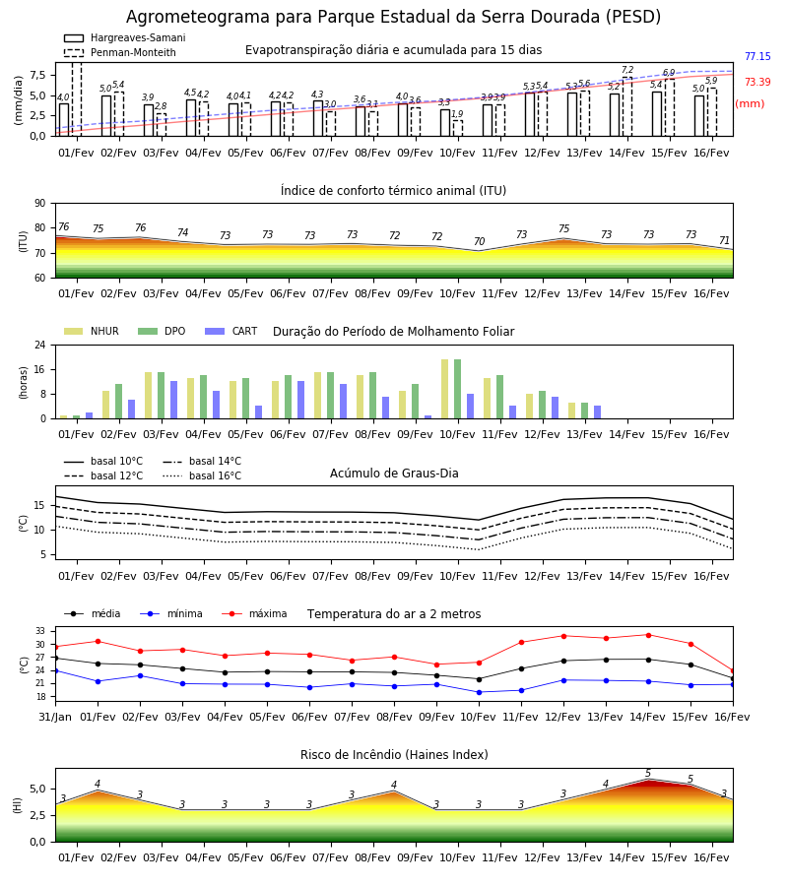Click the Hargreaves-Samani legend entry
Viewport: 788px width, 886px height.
coord(125,37)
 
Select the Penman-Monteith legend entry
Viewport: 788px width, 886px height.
coord(120,52)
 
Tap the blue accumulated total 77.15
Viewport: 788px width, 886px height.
coord(757,56)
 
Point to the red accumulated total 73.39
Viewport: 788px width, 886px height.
coord(757,82)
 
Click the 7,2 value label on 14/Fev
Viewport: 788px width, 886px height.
coord(627,70)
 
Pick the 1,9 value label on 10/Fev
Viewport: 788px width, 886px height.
coord(457,113)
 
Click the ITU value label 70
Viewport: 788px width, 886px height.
coord(479,241)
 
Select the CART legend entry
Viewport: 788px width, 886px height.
coord(231,331)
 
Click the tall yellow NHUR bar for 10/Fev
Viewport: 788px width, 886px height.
coord(445,389)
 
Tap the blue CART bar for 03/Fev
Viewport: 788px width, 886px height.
coord(174,400)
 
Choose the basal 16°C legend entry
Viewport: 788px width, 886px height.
coord(202,475)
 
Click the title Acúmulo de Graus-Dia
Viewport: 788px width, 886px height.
coord(394,473)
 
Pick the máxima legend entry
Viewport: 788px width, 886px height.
coord(254,613)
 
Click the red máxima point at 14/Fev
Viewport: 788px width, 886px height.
coord(648,635)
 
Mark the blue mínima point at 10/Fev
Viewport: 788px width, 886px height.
coord(480,692)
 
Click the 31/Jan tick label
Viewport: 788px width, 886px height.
coord(55,717)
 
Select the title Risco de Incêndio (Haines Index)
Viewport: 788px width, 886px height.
coord(394,755)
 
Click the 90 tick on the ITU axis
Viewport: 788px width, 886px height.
coord(40,204)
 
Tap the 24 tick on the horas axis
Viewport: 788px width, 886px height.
coord(40,345)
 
